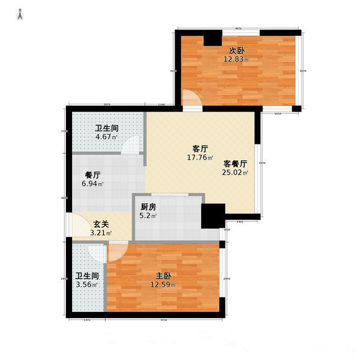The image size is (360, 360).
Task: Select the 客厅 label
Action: [x=200, y=149]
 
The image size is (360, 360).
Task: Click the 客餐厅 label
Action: [x=236, y=163]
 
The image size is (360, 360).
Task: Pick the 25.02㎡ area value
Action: [x=236, y=173]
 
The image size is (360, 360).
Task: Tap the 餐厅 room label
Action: [x=92, y=175]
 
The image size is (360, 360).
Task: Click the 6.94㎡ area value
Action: [x=92, y=184]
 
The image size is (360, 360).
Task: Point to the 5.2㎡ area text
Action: [x=149, y=216]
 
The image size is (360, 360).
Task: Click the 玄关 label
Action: [x=100, y=224]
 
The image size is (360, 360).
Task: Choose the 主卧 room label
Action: [x=164, y=276]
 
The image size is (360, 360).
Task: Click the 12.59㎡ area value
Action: [x=164, y=285]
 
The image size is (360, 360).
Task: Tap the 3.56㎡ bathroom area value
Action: [x=86, y=285]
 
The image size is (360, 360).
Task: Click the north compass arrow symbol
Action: [x=20, y=14]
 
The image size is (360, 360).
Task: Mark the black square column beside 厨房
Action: [x=212, y=215]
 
